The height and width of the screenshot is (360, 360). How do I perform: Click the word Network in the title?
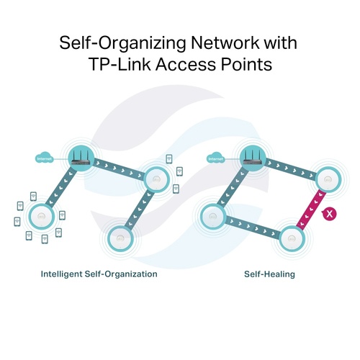(x=225, y=43)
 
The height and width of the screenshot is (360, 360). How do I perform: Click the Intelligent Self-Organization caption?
(x=99, y=274)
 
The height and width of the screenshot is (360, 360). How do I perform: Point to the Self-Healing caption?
(x=269, y=274)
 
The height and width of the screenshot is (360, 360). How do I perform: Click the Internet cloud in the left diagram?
(x=44, y=158)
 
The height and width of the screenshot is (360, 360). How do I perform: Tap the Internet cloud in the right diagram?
(x=216, y=158)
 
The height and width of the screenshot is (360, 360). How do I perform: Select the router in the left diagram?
(x=81, y=158)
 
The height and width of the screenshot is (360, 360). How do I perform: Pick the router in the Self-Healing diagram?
(x=253, y=158)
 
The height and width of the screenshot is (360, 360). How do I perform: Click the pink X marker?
(x=329, y=214)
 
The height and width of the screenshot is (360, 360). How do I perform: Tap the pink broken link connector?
(x=311, y=209)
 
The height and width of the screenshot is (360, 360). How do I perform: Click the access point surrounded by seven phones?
(x=42, y=217)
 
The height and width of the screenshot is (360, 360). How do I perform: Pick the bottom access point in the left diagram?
(x=120, y=238)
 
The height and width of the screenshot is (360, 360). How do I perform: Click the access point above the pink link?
(x=328, y=179)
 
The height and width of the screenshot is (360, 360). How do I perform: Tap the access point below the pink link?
(x=292, y=238)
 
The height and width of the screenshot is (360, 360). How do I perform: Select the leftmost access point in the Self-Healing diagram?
(x=213, y=216)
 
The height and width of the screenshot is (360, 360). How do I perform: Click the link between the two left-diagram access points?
(x=139, y=210)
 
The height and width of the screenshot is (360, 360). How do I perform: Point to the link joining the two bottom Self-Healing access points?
(x=253, y=228)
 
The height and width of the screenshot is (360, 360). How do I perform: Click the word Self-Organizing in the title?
(x=122, y=44)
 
